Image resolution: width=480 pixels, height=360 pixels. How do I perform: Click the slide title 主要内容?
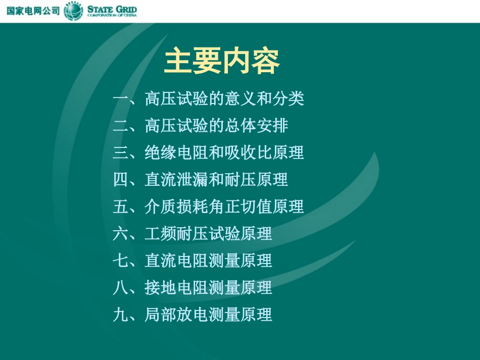point(222,62)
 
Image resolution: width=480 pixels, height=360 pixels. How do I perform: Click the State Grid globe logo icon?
point(73,11)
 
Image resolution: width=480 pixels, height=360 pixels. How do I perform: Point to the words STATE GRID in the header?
point(112,9)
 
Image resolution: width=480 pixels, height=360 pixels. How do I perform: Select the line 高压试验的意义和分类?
point(224,98)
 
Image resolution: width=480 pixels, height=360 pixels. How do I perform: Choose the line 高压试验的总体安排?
point(216,125)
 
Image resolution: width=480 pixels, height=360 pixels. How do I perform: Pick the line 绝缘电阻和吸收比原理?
point(224,152)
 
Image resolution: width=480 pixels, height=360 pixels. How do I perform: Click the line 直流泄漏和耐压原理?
point(216,179)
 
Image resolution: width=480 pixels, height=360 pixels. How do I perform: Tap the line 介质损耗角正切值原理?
point(224,207)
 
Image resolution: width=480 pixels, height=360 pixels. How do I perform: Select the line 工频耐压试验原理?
point(208,233)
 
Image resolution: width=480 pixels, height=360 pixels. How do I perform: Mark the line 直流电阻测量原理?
point(208,261)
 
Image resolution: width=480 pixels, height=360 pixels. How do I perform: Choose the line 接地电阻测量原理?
point(208,288)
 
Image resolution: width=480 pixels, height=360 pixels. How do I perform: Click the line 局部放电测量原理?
point(208,315)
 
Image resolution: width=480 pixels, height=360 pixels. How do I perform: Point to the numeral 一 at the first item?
point(121,98)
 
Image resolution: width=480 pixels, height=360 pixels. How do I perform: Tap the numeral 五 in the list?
point(121,207)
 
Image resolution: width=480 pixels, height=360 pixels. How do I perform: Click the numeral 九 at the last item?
point(121,315)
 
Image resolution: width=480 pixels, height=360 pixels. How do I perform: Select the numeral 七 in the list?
point(121,261)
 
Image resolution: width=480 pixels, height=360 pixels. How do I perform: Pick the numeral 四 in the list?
point(121,179)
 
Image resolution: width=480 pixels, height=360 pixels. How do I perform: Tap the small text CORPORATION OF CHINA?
point(112,16)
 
